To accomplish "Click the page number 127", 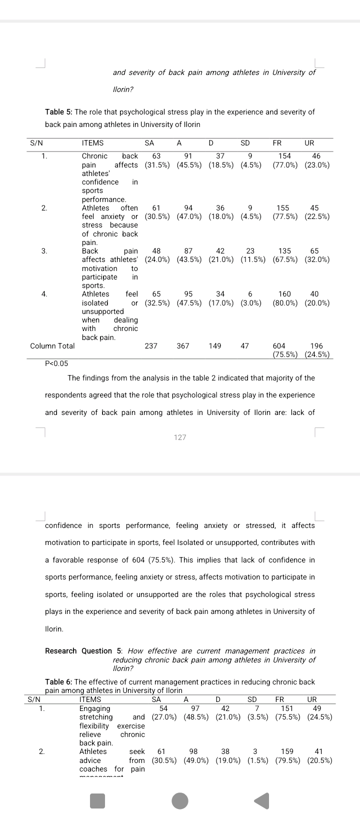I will pyautogui.click(x=180, y=437).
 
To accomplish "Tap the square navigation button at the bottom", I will pyautogui.click(x=97, y=800).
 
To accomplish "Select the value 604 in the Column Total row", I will pyautogui.click(x=279, y=346).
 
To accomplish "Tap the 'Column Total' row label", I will pyautogui.click(x=52, y=346).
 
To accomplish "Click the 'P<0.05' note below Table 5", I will pyautogui.click(x=56, y=363).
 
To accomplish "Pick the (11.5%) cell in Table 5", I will pyautogui.click(x=252, y=259).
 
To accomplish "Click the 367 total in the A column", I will pyautogui.click(x=183, y=346).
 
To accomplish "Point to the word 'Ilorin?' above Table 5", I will pyautogui.click(x=123, y=89).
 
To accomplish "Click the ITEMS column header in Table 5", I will pyautogui.click(x=92, y=143).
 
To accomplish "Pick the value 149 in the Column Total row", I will pyautogui.click(x=215, y=346).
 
